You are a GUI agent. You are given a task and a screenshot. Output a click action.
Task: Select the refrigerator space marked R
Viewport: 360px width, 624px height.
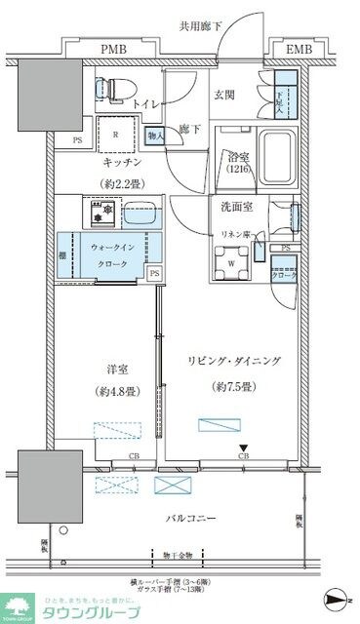116,136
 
